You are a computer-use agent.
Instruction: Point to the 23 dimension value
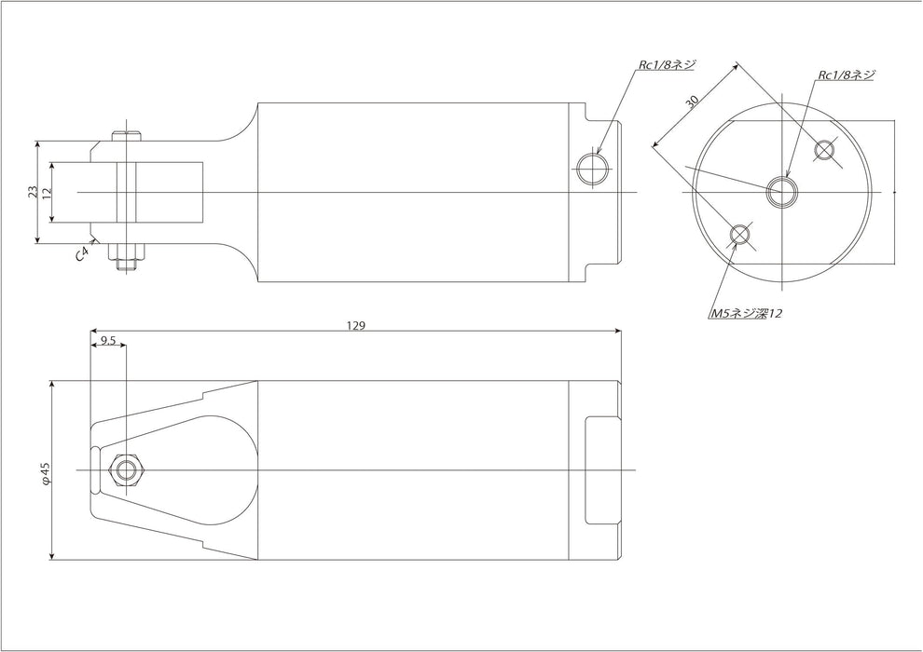(33, 192)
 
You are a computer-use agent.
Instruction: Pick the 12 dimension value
(45, 192)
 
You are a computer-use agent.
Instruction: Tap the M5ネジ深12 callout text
(745, 314)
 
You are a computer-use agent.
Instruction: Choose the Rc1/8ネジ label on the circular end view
(846, 75)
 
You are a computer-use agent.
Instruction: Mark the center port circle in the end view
(782, 192)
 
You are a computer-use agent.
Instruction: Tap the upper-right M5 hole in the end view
(825, 149)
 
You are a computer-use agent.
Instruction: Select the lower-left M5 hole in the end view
(740, 235)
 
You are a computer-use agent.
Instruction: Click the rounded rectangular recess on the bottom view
(601, 469)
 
